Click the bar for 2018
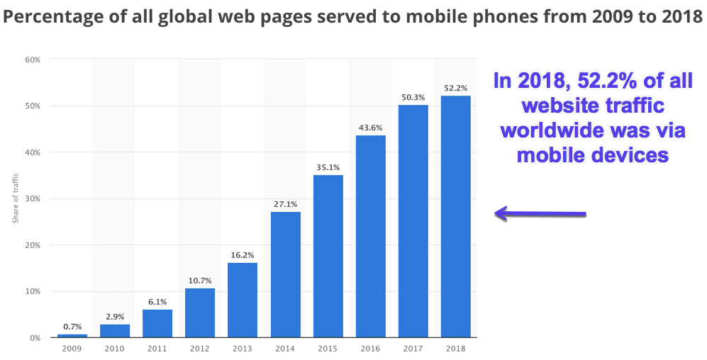tap(455, 216)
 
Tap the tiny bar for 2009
tap(72, 335)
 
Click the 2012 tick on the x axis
tap(199, 349)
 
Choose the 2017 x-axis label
tap(413, 349)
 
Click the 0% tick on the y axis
tap(33, 338)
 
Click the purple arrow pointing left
tap(541, 213)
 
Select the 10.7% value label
tap(199, 280)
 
